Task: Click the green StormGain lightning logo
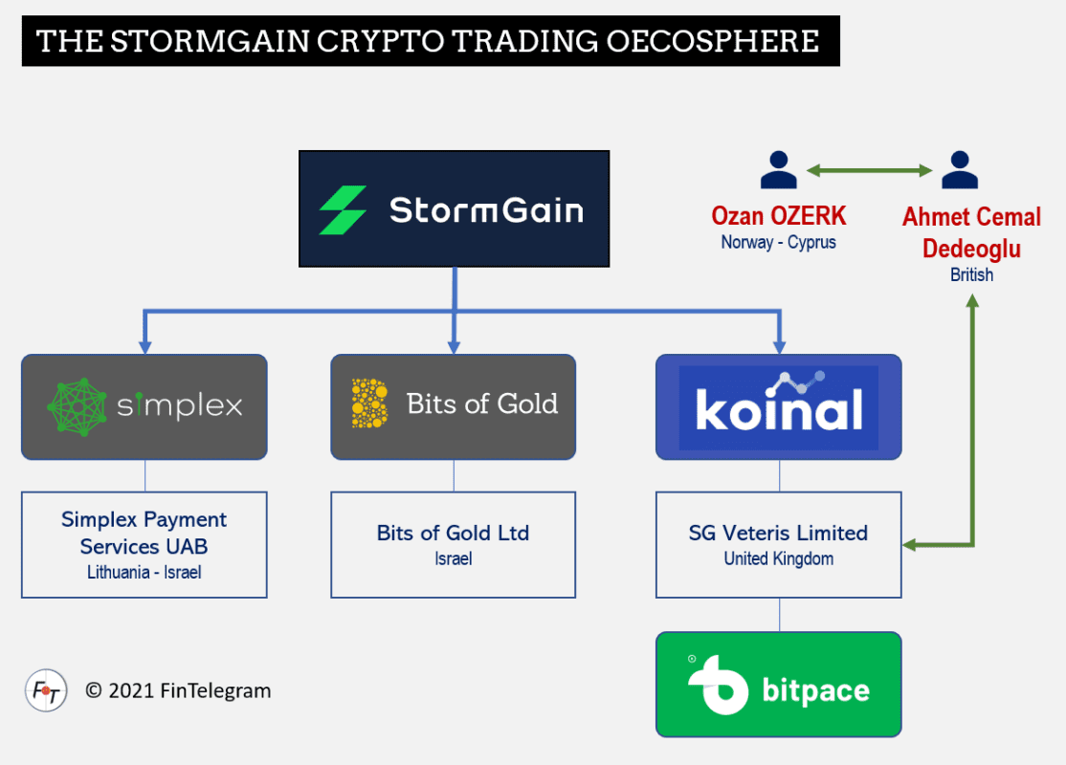[x=344, y=210]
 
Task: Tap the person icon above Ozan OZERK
[x=778, y=169]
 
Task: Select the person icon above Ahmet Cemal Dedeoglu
[x=959, y=169]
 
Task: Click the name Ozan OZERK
[x=778, y=216]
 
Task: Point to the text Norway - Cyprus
[x=778, y=243]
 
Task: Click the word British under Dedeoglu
[x=971, y=274]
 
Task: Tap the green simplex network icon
[x=77, y=406]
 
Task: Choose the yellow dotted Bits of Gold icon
[x=369, y=404]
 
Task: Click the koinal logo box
[x=778, y=407]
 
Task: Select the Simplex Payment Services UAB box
[x=144, y=545]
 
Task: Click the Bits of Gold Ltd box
[x=454, y=545]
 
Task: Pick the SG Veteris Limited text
[x=778, y=534]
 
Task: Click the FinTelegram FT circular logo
[x=46, y=690]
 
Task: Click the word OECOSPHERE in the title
[x=713, y=41]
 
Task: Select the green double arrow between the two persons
[x=870, y=170]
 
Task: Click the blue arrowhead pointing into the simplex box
[x=144, y=346]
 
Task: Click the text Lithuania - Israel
[x=144, y=573]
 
